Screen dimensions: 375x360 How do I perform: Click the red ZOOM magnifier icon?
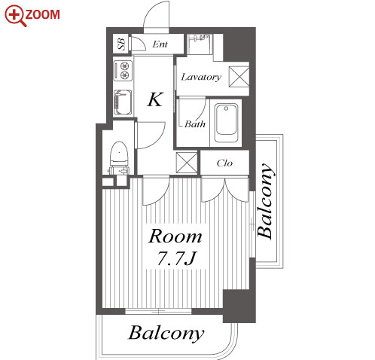point(16,15)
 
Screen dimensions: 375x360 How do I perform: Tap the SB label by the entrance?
point(121,44)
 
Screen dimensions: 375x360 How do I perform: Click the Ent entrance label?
point(160,44)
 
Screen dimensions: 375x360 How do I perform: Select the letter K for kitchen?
point(155,99)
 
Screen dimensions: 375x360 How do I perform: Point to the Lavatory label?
point(201,77)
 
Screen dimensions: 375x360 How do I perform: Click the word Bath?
point(195,124)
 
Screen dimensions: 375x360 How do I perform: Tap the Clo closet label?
point(224,163)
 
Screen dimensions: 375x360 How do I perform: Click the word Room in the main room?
point(175,236)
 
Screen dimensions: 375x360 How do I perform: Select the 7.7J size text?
point(176,258)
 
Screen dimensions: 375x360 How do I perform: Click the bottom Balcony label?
point(166,333)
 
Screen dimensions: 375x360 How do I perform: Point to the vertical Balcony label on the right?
point(265,201)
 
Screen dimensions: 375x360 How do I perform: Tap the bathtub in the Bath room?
point(226,123)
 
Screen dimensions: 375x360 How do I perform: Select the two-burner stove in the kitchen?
point(123,71)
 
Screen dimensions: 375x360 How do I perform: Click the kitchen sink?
point(123,102)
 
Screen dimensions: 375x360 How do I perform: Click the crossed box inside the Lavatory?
point(239,76)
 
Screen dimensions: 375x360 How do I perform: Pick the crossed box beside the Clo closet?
point(187,163)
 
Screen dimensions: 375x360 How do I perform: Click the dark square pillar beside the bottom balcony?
point(239,306)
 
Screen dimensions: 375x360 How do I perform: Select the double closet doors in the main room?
point(225,190)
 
